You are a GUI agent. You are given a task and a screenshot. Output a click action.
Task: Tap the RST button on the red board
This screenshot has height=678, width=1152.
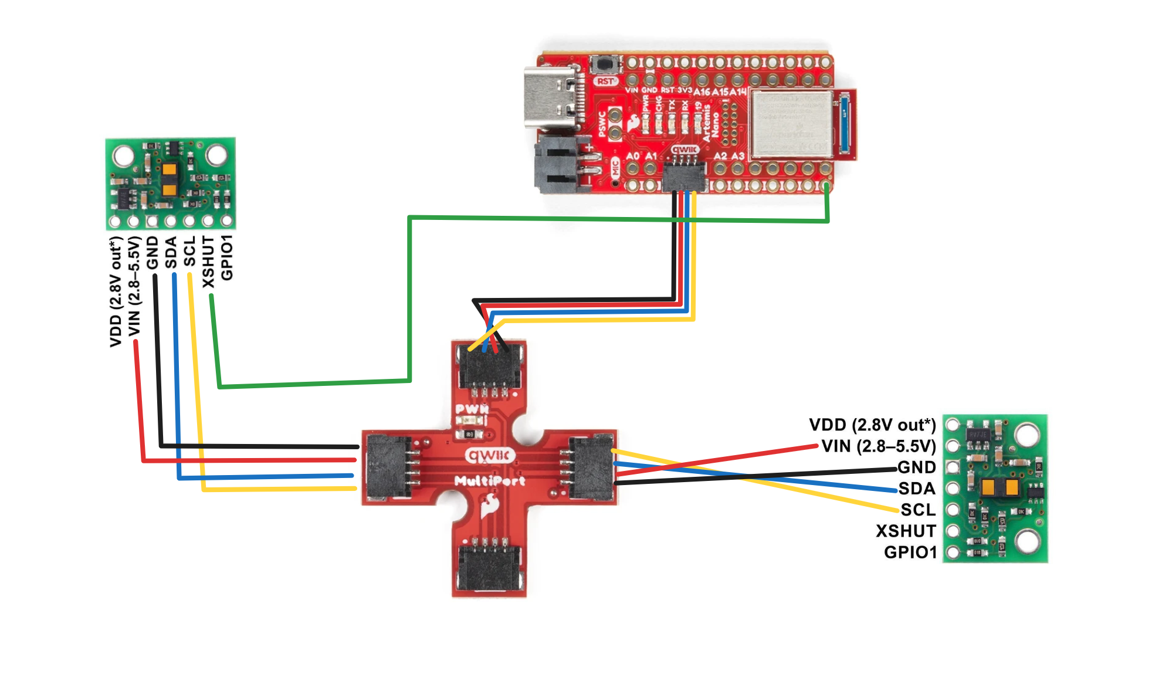tap(604, 63)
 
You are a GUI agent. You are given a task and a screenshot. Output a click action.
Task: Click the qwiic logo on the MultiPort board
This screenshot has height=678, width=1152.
tap(490, 456)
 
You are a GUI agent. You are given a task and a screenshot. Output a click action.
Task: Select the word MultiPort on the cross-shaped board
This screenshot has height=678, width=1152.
tap(490, 481)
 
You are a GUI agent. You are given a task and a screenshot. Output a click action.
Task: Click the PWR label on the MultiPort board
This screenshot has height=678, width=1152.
tap(472, 409)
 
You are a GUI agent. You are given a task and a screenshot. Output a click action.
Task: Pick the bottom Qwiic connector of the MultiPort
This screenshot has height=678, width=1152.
tap(489, 569)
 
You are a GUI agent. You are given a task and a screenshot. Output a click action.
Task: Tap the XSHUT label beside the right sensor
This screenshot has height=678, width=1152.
tap(906, 531)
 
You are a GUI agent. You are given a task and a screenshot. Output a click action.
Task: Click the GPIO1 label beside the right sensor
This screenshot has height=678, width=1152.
tap(910, 552)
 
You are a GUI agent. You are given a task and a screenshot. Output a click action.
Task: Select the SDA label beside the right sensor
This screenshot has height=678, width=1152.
tap(916, 489)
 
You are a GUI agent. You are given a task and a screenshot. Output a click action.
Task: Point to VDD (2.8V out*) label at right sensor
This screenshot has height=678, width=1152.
tap(872, 425)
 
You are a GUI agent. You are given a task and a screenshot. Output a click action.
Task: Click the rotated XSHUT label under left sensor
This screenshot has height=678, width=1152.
tap(208, 262)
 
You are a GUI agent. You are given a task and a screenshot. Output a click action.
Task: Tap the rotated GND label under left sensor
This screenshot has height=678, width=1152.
tap(153, 253)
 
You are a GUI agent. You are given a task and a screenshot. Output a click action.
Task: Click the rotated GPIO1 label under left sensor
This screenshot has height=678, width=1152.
tap(227, 257)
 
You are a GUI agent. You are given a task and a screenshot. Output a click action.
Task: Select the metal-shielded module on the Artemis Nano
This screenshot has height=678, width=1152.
tap(791, 124)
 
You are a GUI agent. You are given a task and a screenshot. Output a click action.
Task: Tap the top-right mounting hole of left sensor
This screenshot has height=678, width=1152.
tap(216, 155)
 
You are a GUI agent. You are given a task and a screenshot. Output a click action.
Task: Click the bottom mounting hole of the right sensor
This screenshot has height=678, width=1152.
tap(1027, 541)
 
